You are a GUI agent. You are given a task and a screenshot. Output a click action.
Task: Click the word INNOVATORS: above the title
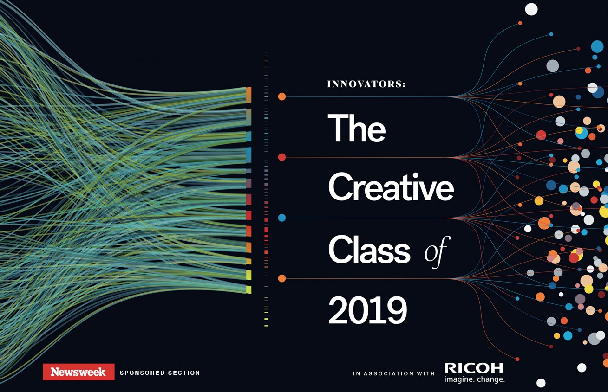366,84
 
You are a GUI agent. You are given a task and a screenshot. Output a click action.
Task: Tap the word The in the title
357,128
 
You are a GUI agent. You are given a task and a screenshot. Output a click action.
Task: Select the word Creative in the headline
391,186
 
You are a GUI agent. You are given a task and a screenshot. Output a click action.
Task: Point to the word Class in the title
369,249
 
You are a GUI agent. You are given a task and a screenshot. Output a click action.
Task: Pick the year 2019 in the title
368,310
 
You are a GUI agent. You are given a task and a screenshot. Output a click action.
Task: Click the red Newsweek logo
78,372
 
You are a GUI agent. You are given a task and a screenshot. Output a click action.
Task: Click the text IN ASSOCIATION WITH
394,373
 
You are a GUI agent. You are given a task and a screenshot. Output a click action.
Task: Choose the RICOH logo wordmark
474,368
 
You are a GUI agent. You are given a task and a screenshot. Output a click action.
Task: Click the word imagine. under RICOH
459,379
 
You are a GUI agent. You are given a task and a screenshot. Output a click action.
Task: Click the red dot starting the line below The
282,157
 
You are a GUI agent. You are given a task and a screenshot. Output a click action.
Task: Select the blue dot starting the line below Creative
282,218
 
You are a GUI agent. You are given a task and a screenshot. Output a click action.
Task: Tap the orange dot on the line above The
282,96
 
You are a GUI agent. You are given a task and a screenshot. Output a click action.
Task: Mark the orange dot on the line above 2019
282,278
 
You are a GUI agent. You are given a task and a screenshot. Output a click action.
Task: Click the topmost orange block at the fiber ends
248,95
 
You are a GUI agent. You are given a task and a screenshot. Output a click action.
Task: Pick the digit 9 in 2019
397,310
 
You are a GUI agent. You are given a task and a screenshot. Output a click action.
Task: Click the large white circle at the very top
531,9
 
